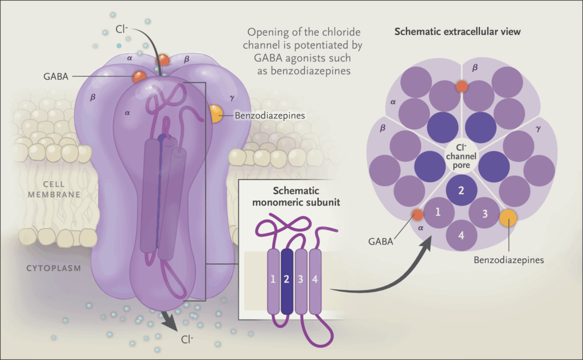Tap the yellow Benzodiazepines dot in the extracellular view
(x=508, y=218)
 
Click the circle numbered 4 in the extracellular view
(x=462, y=235)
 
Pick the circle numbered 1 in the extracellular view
(x=438, y=212)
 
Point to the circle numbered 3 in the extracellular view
(x=485, y=214)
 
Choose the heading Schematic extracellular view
(x=458, y=32)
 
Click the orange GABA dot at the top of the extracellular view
(x=462, y=87)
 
